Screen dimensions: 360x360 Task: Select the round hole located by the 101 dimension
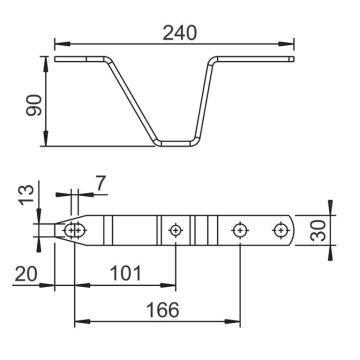click(x=176, y=231)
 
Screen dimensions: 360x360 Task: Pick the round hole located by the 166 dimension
click(x=239, y=231)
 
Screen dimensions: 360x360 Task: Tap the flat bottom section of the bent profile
click(x=175, y=141)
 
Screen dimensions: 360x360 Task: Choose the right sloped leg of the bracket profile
click(x=208, y=100)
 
